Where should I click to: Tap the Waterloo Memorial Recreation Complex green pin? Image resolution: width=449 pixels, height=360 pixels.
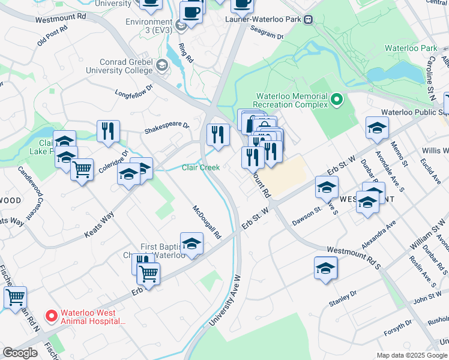pos(337,100)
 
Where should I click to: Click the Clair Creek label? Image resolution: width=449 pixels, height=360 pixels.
pos(200,168)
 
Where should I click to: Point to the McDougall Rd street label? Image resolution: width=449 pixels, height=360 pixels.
pos(207,222)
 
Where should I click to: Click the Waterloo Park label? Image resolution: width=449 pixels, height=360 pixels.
pos(403,48)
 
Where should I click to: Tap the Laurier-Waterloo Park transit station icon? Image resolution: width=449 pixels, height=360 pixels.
pos(309,19)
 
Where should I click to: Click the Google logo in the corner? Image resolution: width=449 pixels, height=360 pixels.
pos(20,353)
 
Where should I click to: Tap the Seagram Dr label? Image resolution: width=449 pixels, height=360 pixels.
pos(267,36)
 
